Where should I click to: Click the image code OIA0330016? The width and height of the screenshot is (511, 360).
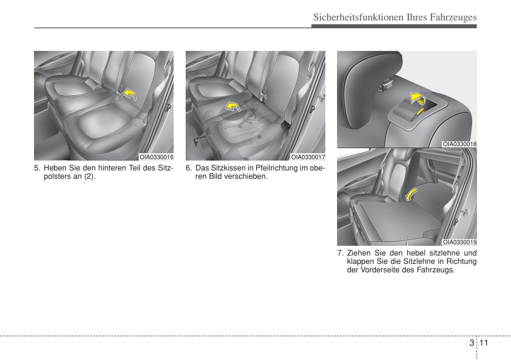click(156, 157)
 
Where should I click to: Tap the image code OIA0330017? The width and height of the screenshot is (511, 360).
click(308, 157)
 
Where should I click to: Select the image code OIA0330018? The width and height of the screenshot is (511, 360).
click(460, 144)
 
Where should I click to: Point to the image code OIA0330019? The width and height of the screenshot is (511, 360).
click(460, 242)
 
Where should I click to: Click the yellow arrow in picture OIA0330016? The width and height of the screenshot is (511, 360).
click(130, 94)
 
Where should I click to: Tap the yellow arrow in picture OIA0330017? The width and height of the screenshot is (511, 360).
click(233, 106)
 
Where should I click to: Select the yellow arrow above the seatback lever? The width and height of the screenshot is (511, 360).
click(417, 98)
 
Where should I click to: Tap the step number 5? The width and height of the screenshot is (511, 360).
click(36, 168)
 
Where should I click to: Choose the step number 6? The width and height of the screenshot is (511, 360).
click(188, 168)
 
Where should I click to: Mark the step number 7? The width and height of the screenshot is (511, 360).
click(340, 253)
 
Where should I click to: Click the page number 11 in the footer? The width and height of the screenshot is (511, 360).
click(483, 343)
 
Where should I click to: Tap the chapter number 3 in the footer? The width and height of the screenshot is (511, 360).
click(472, 343)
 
